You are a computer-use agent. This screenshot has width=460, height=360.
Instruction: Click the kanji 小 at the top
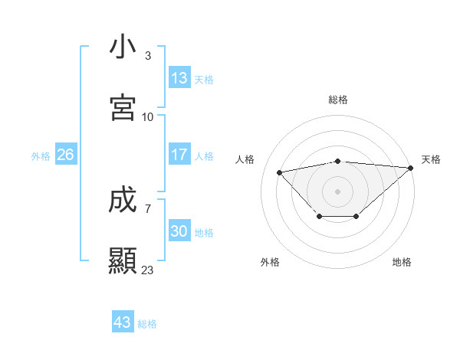[x=123, y=47]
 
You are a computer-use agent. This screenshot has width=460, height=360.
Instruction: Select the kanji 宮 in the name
[x=123, y=108]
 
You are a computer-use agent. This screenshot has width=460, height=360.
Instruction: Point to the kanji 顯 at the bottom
[x=123, y=261]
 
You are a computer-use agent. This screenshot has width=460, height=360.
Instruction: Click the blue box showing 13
[x=179, y=78]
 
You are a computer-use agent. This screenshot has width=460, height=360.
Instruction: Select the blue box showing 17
[x=179, y=155]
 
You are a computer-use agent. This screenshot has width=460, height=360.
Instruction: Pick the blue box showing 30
[x=179, y=231]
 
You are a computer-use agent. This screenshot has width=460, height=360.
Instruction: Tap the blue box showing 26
[x=66, y=155]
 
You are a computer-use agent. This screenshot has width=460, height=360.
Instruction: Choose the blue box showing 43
[x=123, y=322]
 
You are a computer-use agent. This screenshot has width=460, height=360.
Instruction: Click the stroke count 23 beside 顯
[x=147, y=270]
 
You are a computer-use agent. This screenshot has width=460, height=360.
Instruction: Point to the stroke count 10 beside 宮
[x=148, y=116]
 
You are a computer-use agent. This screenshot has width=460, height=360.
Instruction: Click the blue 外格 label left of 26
[x=41, y=155]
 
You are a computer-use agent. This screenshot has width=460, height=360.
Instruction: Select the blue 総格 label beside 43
[x=147, y=323]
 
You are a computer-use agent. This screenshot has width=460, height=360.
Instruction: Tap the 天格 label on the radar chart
[x=431, y=159]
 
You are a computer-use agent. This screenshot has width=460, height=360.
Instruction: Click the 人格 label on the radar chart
[x=245, y=159]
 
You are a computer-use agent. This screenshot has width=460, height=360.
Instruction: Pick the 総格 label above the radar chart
[x=338, y=100]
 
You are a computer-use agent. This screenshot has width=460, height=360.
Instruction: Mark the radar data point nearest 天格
[x=411, y=168]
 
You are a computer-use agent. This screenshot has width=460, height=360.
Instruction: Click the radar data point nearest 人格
[x=279, y=172]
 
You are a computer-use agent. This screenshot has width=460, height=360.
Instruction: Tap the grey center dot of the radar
[x=338, y=191]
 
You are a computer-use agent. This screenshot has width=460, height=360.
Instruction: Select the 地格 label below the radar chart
[x=402, y=262]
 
